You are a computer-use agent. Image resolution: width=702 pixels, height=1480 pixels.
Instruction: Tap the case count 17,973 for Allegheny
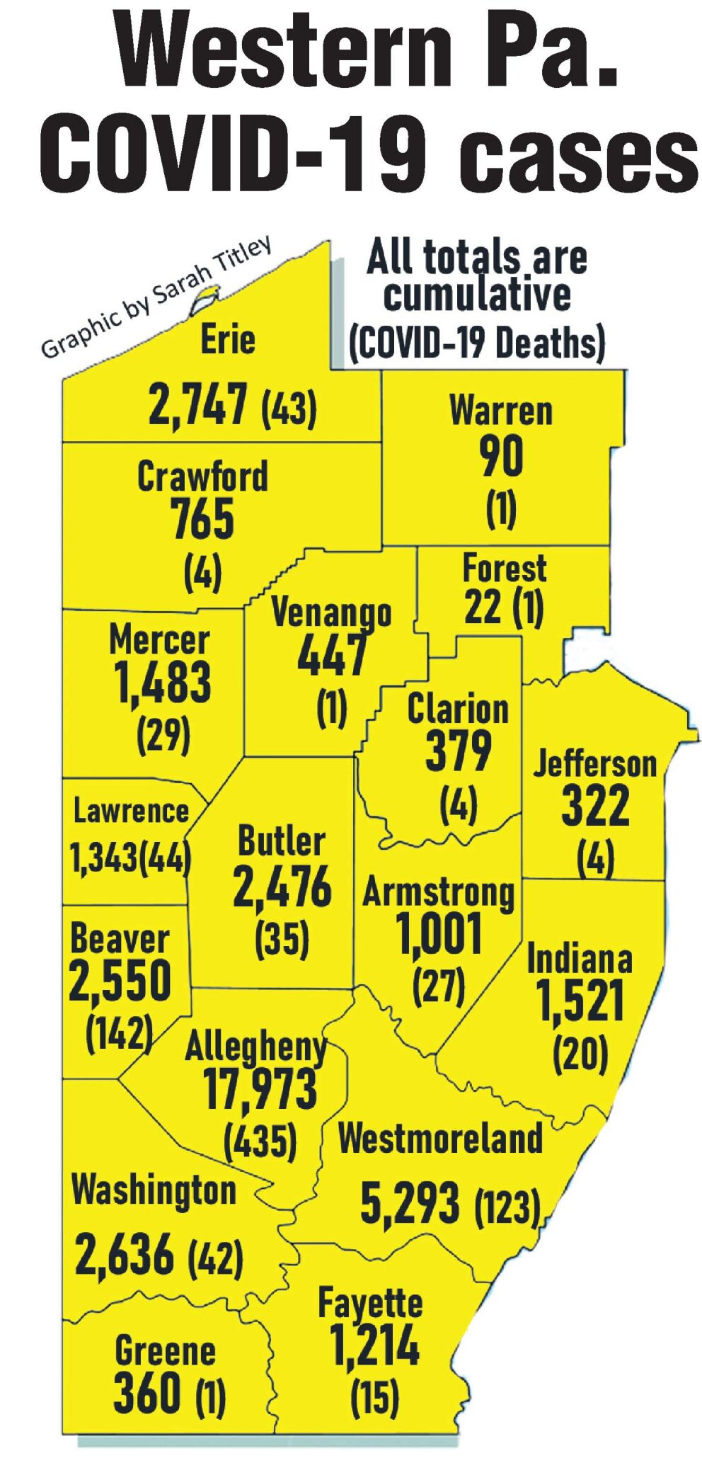tap(260, 1088)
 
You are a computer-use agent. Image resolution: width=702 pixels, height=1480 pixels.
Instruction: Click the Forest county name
tap(504, 568)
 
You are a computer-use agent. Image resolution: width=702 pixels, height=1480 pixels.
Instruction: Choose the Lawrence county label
tap(131, 811)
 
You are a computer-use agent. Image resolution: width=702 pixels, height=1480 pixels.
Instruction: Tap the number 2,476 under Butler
tap(282, 887)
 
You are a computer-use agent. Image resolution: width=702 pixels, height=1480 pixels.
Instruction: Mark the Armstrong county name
tap(438, 892)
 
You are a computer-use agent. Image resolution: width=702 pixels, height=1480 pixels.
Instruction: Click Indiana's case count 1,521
tap(580, 1002)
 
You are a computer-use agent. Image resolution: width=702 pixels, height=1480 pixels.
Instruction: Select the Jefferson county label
tap(594, 763)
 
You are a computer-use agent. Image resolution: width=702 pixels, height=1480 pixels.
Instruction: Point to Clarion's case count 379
tap(458, 751)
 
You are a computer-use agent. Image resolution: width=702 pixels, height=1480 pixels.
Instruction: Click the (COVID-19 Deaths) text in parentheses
tap(477, 342)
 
